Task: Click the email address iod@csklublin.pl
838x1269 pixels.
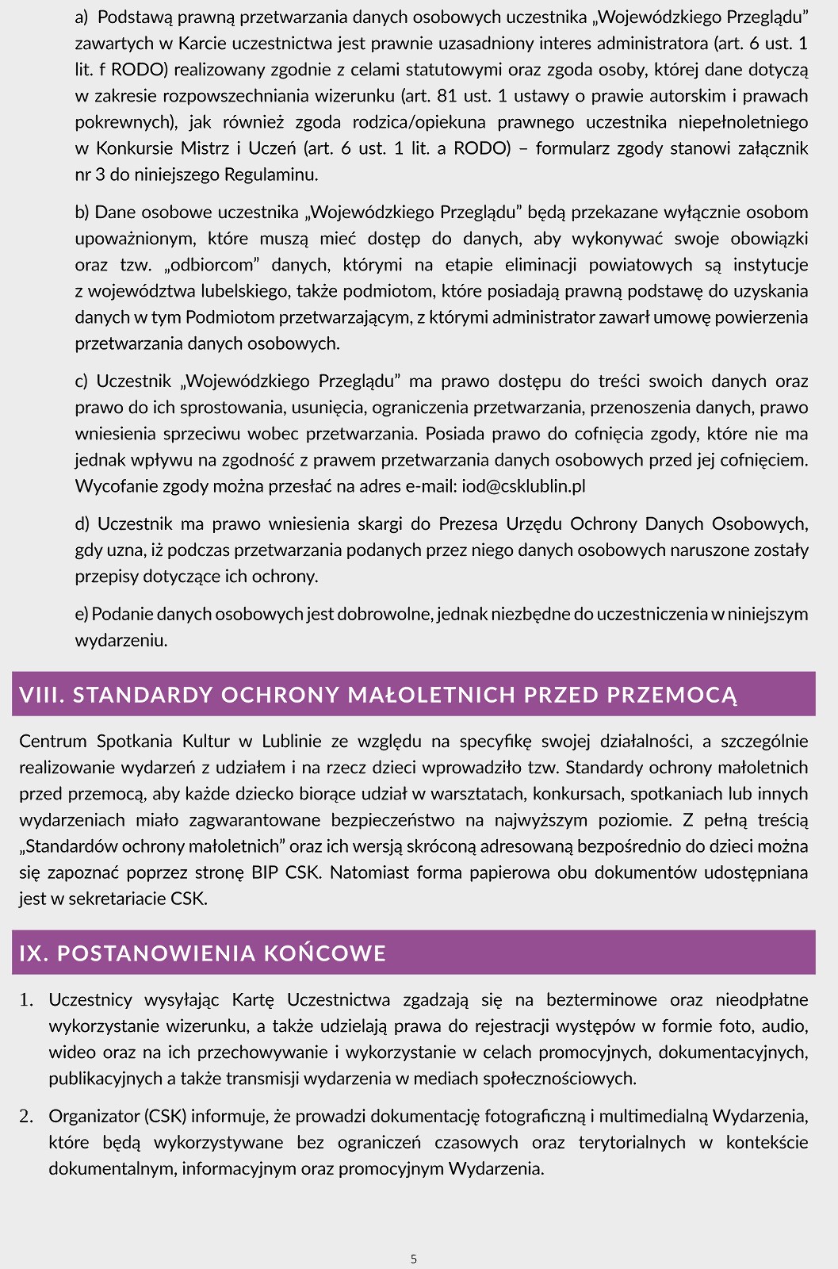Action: [x=523, y=486]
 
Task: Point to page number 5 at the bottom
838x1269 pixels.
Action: [x=414, y=1259]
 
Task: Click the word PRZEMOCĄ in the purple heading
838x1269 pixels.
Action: [x=672, y=695]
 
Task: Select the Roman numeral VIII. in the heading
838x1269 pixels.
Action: [x=42, y=695]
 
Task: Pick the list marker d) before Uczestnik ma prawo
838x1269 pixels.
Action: [x=82, y=523]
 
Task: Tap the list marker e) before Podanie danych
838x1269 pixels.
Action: [x=82, y=613]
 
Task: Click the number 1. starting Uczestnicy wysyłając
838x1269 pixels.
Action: [x=27, y=999]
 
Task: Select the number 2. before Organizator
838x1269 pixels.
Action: [x=27, y=1116]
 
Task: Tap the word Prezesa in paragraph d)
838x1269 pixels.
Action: [x=468, y=523]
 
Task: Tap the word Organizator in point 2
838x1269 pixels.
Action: [x=94, y=1116]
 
